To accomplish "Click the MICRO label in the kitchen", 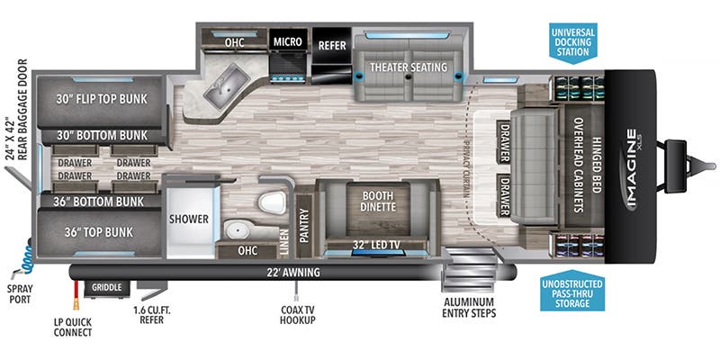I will click(x=288, y=41).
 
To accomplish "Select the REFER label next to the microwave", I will click(x=332, y=42).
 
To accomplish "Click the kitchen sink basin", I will click(x=221, y=87).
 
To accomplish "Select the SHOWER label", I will click(x=189, y=219).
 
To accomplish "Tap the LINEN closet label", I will click(x=283, y=236).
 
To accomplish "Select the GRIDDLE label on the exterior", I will click(x=107, y=288).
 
